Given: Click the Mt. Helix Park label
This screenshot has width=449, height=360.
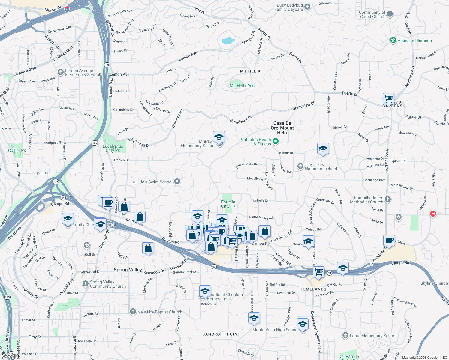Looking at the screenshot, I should (x=243, y=86).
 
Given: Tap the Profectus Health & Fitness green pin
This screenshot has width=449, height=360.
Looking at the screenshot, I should (x=275, y=141).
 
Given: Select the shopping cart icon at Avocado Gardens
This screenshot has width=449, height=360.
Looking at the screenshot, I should (x=388, y=98).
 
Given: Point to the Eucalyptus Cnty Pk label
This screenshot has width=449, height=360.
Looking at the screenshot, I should (x=113, y=148).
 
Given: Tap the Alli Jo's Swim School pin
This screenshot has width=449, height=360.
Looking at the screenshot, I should (x=177, y=181).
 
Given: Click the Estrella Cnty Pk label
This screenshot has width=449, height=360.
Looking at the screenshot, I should (x=228, y=204).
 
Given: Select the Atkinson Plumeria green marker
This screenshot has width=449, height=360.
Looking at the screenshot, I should (x=393, y=40).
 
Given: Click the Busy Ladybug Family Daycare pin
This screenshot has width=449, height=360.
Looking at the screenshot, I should (x=307, y=7).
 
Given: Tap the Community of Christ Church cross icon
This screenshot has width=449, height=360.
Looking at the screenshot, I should (x=390, y=14).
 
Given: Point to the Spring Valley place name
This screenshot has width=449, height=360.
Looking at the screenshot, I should (x=128, y=270).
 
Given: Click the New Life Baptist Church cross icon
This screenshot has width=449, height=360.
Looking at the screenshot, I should (x=133, y=312).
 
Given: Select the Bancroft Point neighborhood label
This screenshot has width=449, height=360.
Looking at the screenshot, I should (x=221, y=334).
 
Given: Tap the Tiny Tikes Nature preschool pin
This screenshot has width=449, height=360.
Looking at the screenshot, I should (x=300, y=166).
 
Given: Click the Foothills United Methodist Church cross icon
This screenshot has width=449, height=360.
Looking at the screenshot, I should (x=387, y=199).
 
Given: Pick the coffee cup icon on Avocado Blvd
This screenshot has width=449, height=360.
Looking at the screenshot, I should (x=389, y=240).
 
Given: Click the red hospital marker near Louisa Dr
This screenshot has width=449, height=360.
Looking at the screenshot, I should (x=433, y=214).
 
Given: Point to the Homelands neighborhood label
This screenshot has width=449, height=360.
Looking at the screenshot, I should (x=313, y=289).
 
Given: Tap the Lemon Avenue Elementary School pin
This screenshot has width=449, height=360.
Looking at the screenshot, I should (x=61, y=72).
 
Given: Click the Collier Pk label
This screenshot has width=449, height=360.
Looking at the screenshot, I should (x=17, y=150).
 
